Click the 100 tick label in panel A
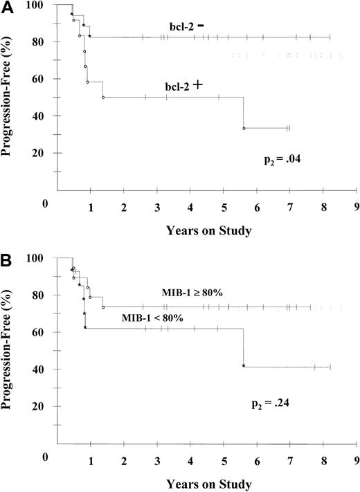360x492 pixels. [x=40, y=6]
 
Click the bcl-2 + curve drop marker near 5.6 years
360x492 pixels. [x=244, y=128]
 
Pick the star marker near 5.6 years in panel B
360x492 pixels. [x=244, y=365]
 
